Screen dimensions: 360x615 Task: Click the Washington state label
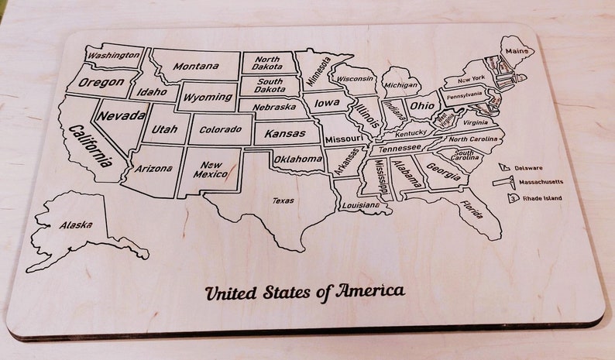coord(114,56)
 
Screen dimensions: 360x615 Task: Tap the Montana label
coord(195,67)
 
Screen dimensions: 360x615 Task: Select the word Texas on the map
coord(283,201)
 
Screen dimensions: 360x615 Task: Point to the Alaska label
coord(76,225)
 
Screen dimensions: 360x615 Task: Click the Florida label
coord(470,209)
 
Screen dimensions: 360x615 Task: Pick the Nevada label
coord(122,116)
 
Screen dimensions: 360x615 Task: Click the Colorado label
coord(220,129)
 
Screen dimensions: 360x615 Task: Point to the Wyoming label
coord(208,97)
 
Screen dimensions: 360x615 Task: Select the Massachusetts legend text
coord(541,183)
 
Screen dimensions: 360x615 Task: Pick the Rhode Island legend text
coord(541,198)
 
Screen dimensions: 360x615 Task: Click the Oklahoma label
coord(297,159)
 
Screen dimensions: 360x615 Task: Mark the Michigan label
coord(400,85)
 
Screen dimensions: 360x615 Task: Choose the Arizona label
coord(153,168)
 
